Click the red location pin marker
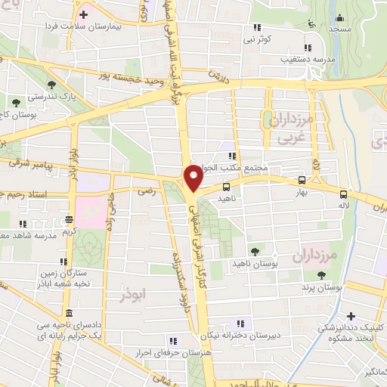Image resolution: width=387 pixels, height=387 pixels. pyautogui.click(x=193, y=178)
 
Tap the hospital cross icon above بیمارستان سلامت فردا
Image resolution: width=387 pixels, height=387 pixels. pyautogui.click(x=83, y=14)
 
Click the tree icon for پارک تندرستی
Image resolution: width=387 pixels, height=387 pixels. pyautogui.click(x=51, y=85)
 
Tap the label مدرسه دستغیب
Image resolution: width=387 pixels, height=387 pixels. pyautogui.click(x=285, y=58)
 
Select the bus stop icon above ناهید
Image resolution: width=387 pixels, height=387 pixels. pyautogui.click(x=226, y=186)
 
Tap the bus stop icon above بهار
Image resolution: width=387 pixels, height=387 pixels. pyautogui.click(x=302, y=180)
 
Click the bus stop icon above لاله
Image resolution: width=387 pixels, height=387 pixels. pyautogui.click(x=344, y=193)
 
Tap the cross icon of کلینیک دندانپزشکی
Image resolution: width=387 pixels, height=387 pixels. pyautogui.click(x=350, y=317)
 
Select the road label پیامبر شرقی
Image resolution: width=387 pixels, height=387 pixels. pyautogui.click(x=29, y=163)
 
